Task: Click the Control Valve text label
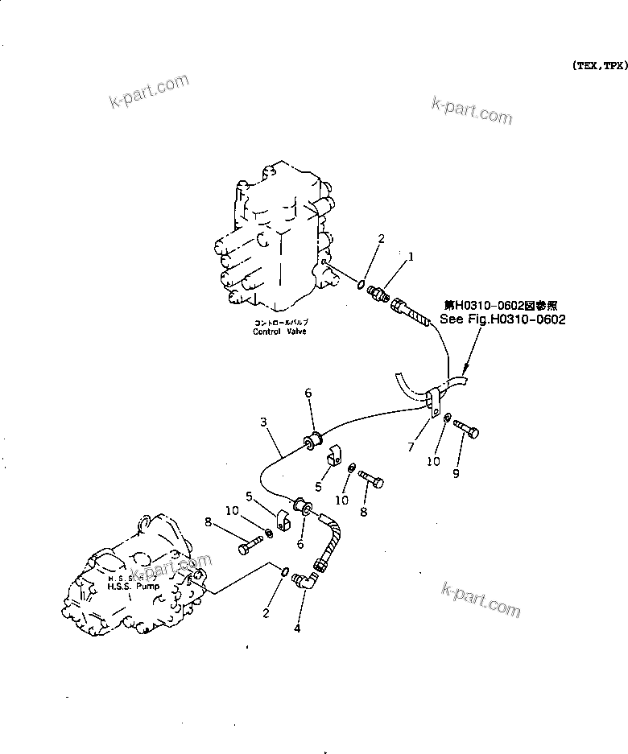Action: click(279, 331)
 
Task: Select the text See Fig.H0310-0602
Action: click(502, 319)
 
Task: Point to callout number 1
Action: click(411, 257)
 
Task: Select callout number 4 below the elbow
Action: click(297, 628)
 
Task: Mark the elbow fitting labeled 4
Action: click(305, 579)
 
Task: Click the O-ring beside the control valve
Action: click(357, 282)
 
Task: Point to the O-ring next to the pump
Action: click(286, 571)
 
